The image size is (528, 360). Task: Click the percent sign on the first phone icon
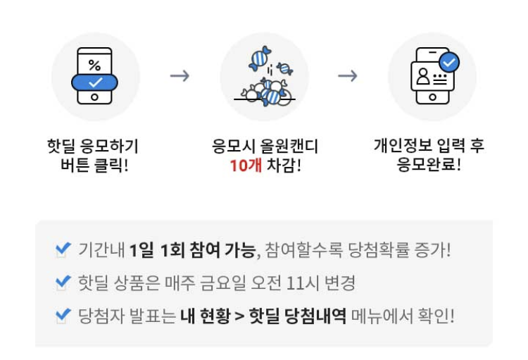click(x=94, y=65)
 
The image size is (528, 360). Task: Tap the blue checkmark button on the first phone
click(x=95, y=83)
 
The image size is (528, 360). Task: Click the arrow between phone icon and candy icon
click(x=180, y=75)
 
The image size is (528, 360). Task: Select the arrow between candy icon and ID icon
click(x=347, y=75)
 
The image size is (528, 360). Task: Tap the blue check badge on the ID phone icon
click(x=448, y=62)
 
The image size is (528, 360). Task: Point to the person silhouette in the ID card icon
click(x=423, y=77)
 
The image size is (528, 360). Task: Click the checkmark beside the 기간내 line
click(x=63, y=249)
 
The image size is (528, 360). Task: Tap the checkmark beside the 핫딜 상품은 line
click(x=63, y=283)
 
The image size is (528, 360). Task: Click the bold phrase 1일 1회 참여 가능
click(x=194, y=250)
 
